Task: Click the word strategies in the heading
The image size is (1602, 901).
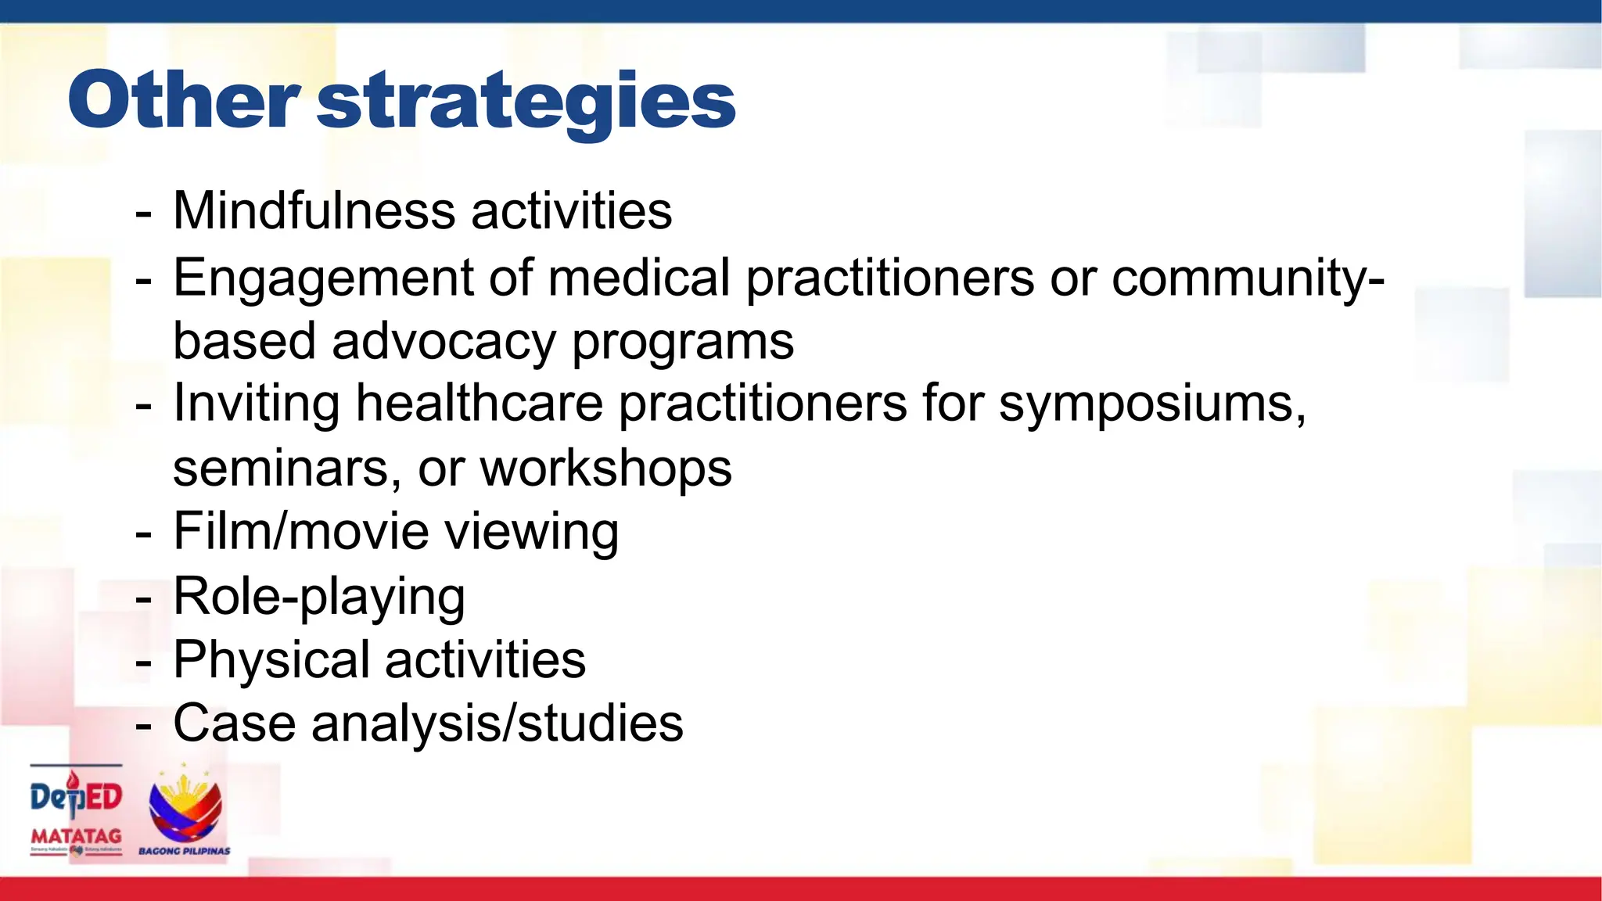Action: [x=526, y=102]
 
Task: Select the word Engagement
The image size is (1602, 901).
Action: [x=323, y=278]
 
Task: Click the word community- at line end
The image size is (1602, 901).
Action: [x=1248, y=278]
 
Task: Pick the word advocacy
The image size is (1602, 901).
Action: [x=443, y=341]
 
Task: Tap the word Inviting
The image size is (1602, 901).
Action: [x=256, y=404]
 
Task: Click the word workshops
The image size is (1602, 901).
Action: [x=605, y=469]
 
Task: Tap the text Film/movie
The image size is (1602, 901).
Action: [x=300, y=531]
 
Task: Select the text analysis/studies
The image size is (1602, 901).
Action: [x=497, y=723]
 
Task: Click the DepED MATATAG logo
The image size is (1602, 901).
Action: [x=77, y=809]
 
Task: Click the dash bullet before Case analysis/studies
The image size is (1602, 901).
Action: [x=143, y=726]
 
